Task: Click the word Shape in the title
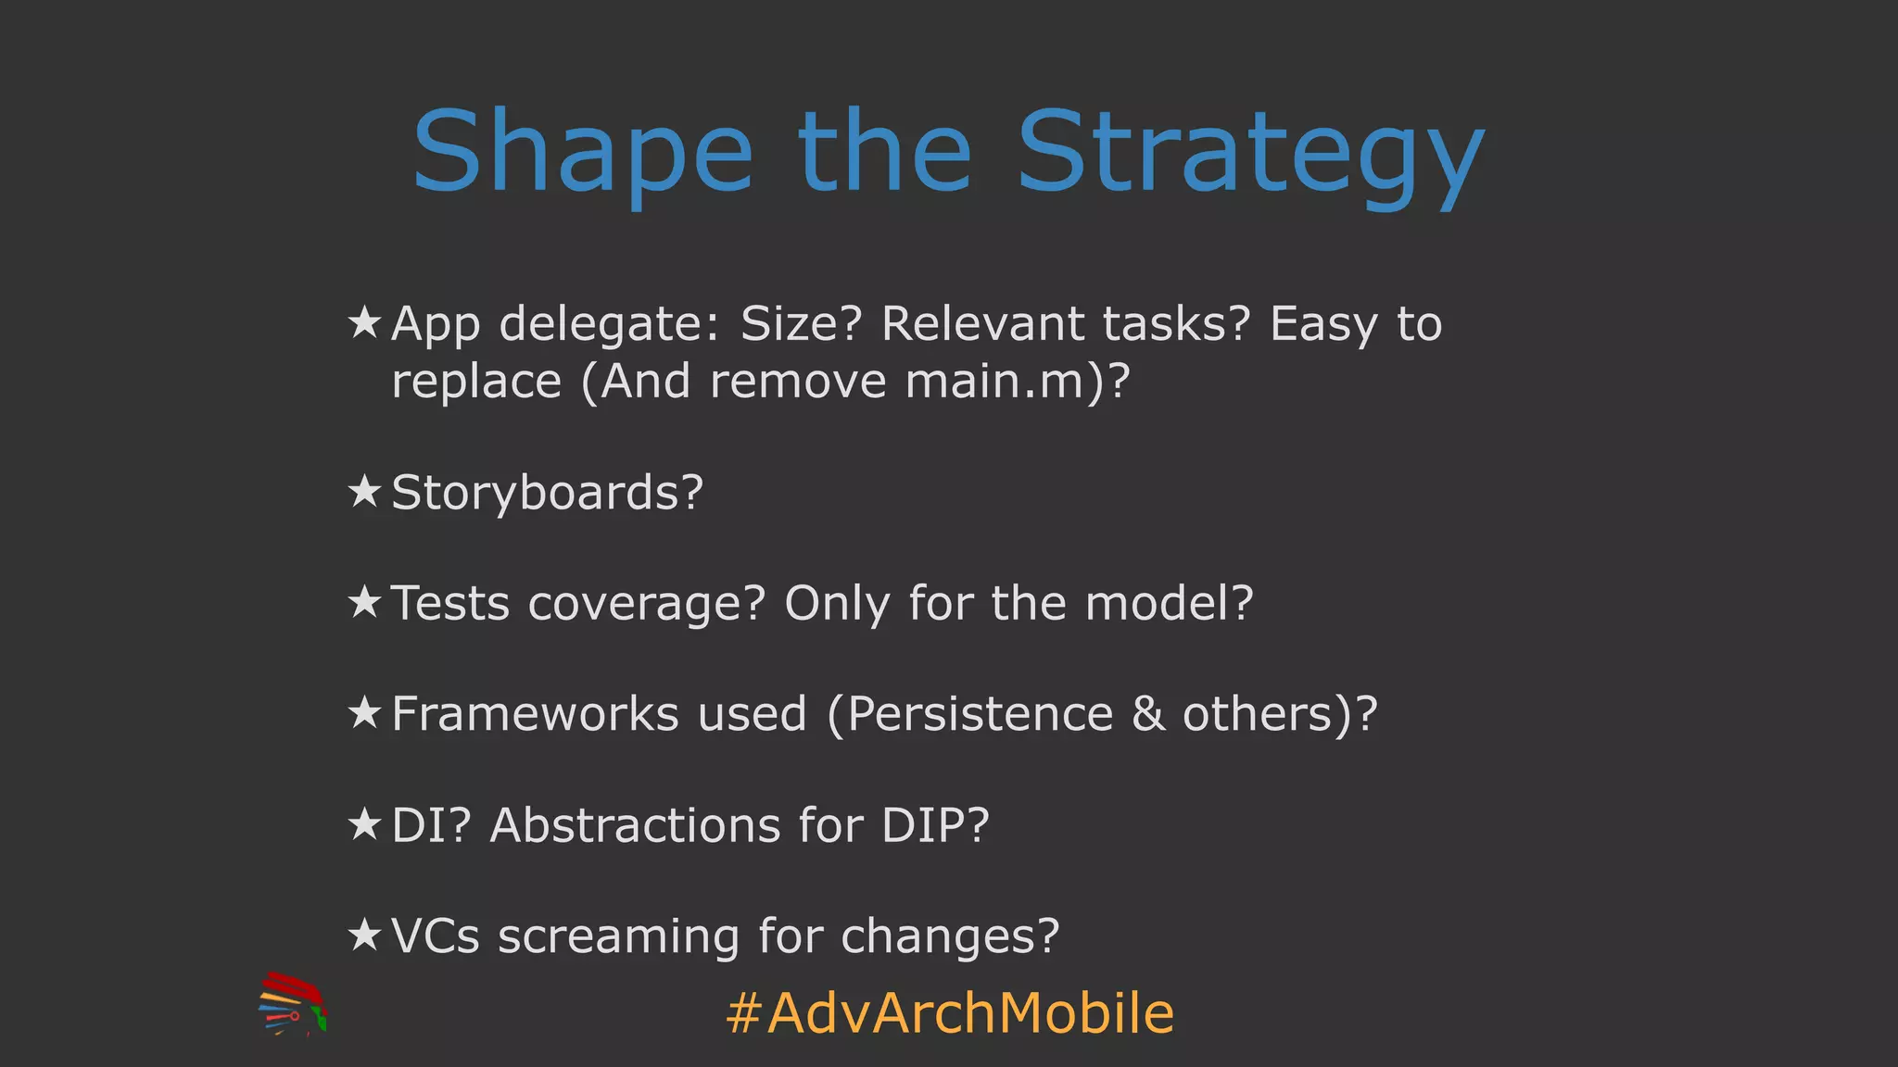click(x=582, y=153)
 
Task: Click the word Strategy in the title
click(x=1250, y=153)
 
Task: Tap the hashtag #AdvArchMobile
click(x=950, y=1013)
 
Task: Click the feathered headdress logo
click(x=292, y=1004)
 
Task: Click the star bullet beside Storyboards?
click(x=364, y=492)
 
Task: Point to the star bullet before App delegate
click(x=364, y=323)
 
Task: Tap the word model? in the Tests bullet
click(x=1169, y=603)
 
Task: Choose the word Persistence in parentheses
click(x=980, y=714)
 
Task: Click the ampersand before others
click(x=1147, y=714)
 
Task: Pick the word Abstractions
click(x=635, y=825)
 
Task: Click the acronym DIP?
click(x=935, y=825)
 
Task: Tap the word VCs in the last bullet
click(x=435, y=936)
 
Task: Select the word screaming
click(x=618, y=937)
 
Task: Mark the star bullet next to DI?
click(x=364, y=824)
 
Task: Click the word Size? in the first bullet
click(x=801, y=324)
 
